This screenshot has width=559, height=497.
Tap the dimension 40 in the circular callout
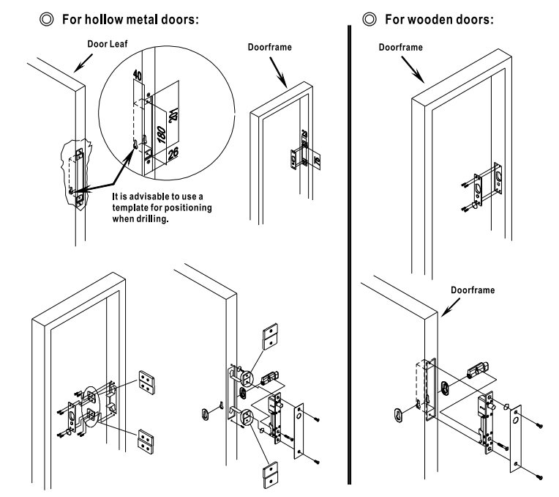click(x=137, y=76)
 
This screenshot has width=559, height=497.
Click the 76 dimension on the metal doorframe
click(x=318, y=162)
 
